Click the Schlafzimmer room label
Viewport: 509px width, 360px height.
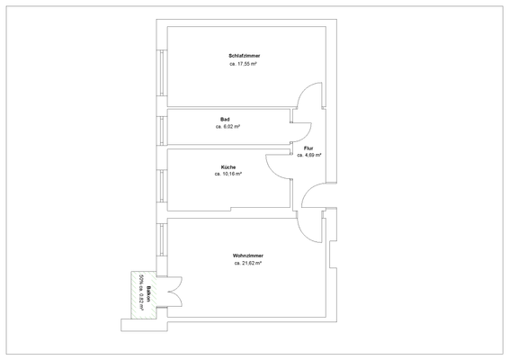click(x=245, y=56)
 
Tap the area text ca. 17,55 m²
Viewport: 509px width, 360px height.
click(x=245, y=65)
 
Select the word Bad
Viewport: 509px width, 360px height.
click(x=225, y=119)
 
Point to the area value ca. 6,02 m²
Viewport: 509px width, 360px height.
click(x=228, y=127)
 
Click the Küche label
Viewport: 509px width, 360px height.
click(x=228, y=166)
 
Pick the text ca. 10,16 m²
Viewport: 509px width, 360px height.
click(x=228, y=175)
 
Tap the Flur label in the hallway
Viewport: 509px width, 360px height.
click(x=308, y=147)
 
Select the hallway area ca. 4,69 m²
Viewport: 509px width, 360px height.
click(x=308, y=155)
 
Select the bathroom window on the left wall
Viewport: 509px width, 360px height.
click(x=162, y=128)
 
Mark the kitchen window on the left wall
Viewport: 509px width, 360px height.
click(x=162, y=184)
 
